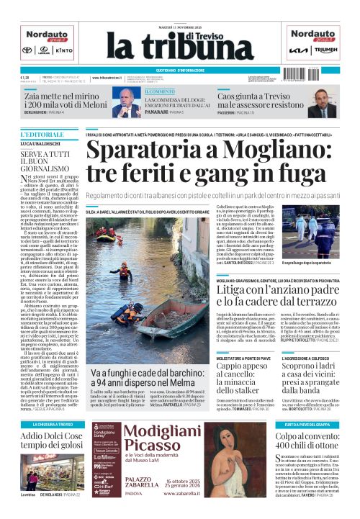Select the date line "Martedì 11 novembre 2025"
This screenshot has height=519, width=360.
[180, 8]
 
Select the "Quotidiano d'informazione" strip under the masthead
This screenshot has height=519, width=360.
[180, 70]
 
